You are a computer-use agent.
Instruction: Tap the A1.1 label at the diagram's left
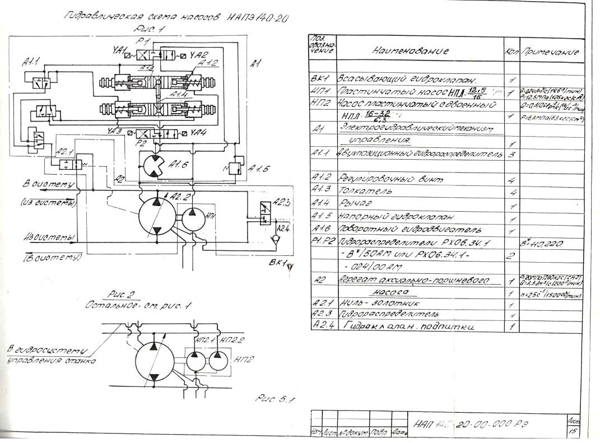pyautogui.click(x=30, y=65)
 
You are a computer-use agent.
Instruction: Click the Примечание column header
pyautogui.click(x=552, y=52)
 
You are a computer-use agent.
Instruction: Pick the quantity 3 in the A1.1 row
pyautogui.click(x=511, y=154)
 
